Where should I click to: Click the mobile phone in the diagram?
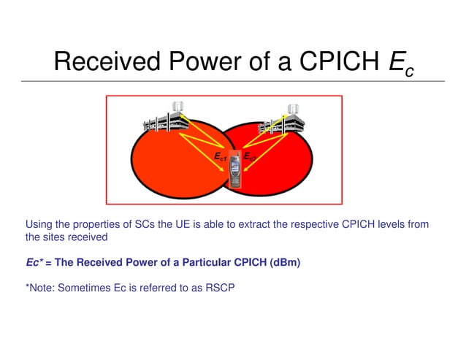coord(235,170)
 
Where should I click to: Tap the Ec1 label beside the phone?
coord(219,157)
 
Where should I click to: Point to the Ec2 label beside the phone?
coord(249,156)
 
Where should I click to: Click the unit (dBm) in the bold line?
coord(282,262)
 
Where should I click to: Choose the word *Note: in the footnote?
coord(39,287)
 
